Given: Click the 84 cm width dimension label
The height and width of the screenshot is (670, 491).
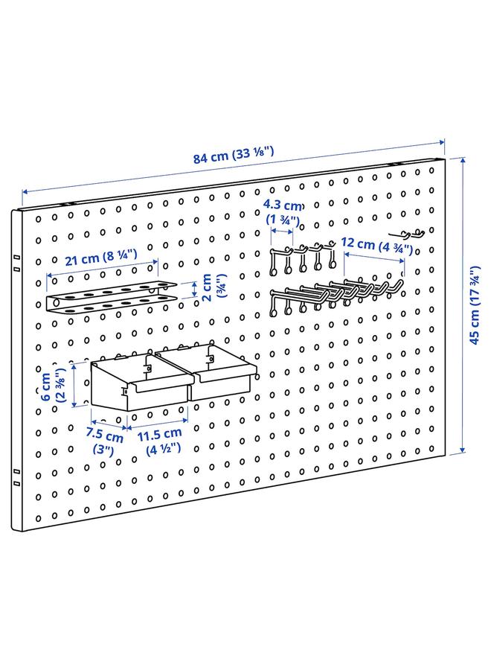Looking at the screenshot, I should [x=234, y=157].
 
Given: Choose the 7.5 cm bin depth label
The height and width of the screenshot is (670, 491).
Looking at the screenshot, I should [x=104, y=439].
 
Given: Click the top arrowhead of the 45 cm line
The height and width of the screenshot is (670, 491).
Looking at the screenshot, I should [x=463, y=158].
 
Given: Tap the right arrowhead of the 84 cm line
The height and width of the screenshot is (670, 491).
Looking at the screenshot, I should [x=443, y=141].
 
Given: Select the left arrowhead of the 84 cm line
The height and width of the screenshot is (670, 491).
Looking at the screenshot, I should [x=22, y=194].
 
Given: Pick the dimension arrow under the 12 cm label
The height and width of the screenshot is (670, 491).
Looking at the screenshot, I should [x=374, y=259].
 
